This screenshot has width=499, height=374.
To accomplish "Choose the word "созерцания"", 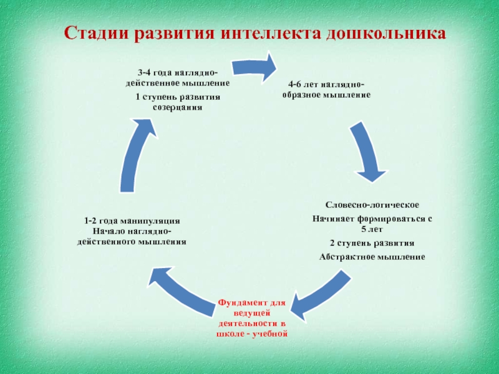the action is click(x=177, y=107).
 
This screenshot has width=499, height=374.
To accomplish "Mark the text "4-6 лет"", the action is click(x=303, y=86).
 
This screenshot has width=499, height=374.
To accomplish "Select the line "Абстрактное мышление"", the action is click(x=372, y=256).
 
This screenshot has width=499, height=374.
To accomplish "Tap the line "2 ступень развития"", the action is click(x=372, y=242).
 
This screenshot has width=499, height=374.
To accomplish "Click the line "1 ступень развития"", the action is click(x=177, y=98).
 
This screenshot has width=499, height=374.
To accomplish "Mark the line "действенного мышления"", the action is click(x=132, y=241).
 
